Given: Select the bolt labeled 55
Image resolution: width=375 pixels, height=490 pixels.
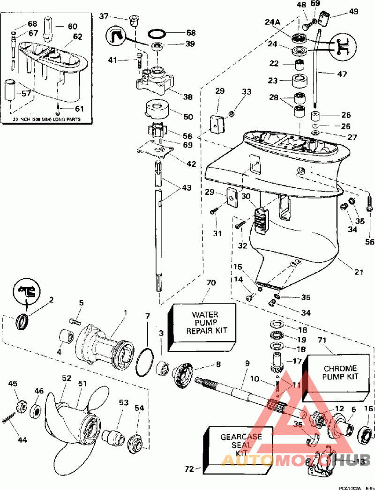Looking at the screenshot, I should point(368,206).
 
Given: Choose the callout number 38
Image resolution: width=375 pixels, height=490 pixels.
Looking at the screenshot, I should point(188,97).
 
